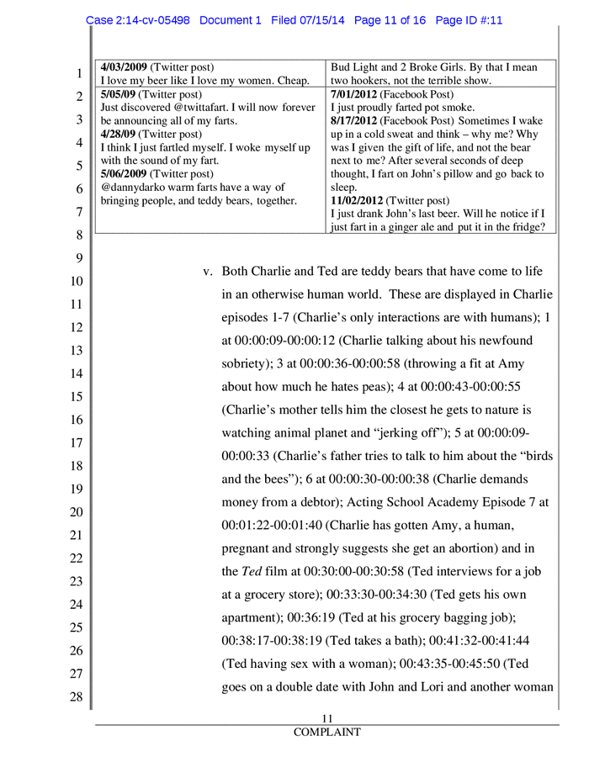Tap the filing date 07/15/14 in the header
[x=322, y=20]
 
